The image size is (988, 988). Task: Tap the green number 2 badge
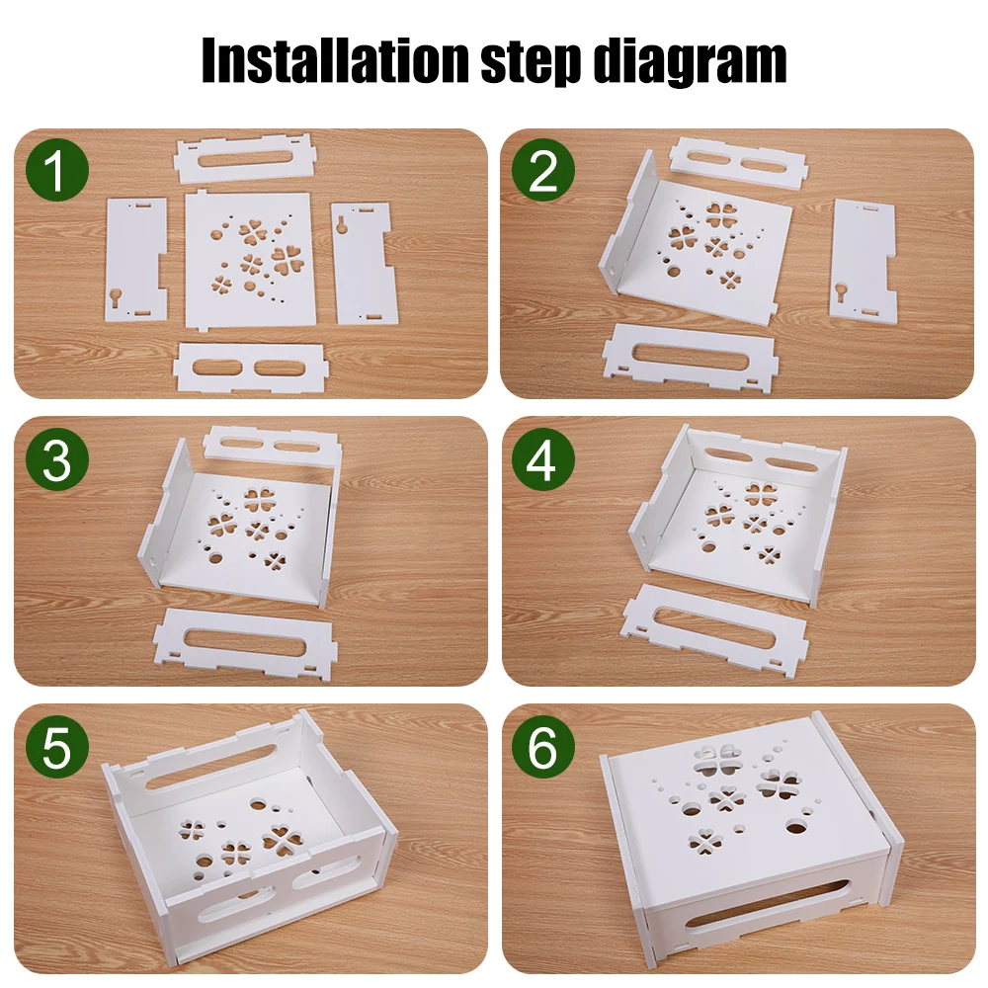[x=543, y=172]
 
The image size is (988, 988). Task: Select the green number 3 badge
[x=55, y=459]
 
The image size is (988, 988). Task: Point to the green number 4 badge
[x=543, y=459]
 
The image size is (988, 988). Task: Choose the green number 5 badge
[x=55, y=748]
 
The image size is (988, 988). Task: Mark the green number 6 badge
[x=543, y=748]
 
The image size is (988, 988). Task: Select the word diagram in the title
[x=692, y=61]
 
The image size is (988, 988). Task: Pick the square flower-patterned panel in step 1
[x=248, y=258]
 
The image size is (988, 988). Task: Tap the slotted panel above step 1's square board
[x=243, y=159]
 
